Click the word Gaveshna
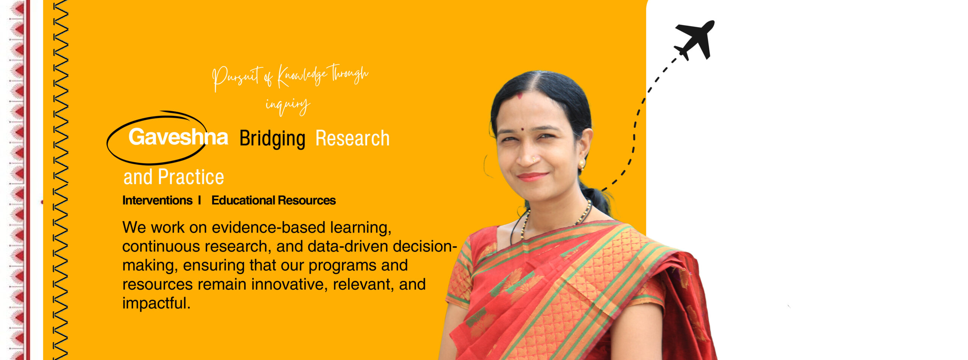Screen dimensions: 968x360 tap(178, 137)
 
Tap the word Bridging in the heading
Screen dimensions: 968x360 tap(272, 139)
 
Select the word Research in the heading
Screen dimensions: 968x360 tap(352, 138)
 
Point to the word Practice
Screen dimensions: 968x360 tap(191, 177)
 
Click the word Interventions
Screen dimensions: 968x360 tap(157, 200)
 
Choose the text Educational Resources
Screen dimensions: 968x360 tap(273, 200)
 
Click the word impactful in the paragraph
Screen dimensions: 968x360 tap(156, 303)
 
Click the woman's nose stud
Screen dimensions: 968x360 tap(533, 159)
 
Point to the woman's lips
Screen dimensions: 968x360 tap(532, 177)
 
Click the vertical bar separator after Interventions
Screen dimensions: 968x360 tap(199, 200)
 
